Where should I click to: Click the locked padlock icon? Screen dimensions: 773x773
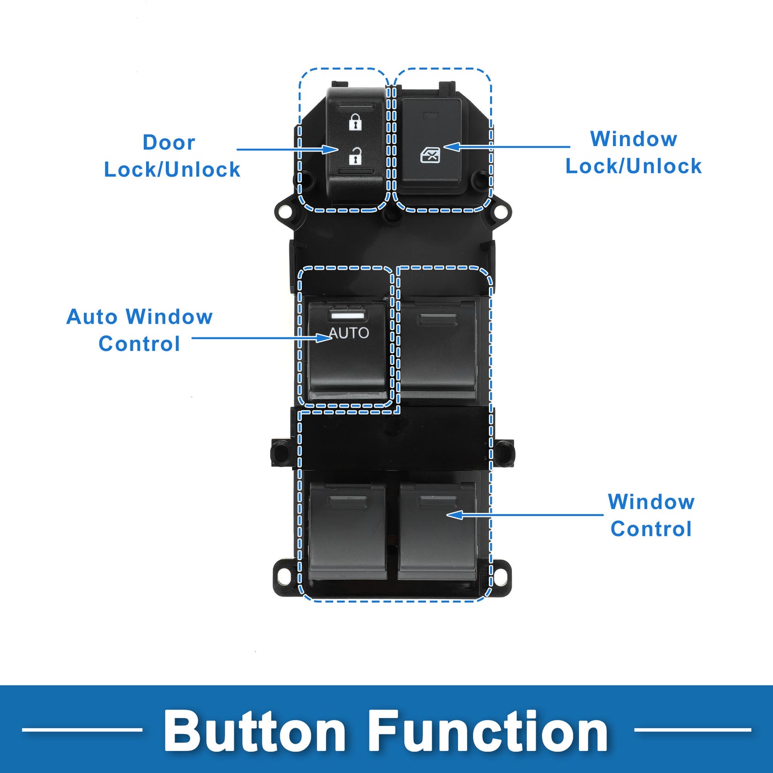(x=355, y=122)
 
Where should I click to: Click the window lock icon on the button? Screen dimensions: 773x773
(x=430, y=155)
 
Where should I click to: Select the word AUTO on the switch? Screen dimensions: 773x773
(x=349, y=333)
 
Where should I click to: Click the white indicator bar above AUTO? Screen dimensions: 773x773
(x=347, y=316)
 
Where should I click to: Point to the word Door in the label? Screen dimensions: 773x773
(x=169, y=143)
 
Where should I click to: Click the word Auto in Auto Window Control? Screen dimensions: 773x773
(x=91, y=317)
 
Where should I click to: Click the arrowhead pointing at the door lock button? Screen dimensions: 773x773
(x=331, y=149)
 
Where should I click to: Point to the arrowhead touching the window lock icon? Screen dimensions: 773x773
(x=451, y=147)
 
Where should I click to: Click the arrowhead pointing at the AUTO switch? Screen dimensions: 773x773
(x=324, y=338)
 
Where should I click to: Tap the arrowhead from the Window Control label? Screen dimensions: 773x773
(x=455, y=515)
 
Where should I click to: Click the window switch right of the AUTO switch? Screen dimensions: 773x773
(x=438, y=348)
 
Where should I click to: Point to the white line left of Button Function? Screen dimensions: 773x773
(x=82, y=729)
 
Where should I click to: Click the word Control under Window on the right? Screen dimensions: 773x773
(x=651, y=529)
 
